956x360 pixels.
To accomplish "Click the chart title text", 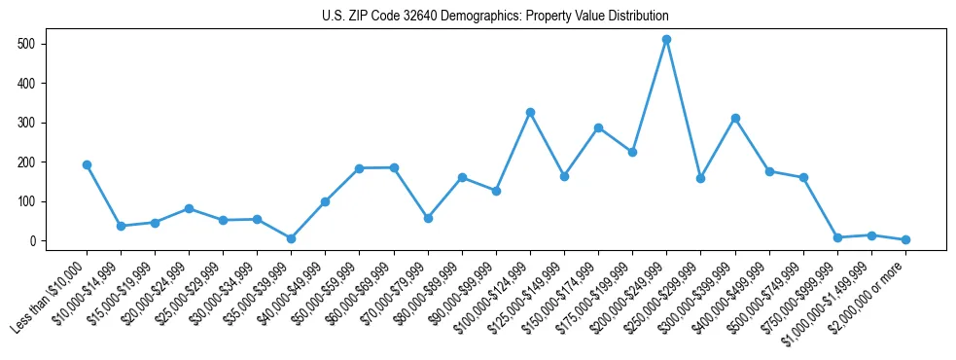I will click(x=495, y=17).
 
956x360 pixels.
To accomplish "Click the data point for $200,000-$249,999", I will click(x=666, y=40).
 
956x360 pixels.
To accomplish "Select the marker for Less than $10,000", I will click(x=87, y=165).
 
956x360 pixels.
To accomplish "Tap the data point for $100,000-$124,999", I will click(x=530, y=113).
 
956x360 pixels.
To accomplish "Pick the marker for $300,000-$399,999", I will click(x=735, y=119).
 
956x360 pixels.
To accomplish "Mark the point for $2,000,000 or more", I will click(x=905, y=239).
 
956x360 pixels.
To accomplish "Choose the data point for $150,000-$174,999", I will click(x=598, y=127).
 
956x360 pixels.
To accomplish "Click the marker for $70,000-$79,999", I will click(x=428, y=218).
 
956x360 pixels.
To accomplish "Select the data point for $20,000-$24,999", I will click(x=189, y=208).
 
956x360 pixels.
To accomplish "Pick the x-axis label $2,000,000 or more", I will click(x=871, y=290).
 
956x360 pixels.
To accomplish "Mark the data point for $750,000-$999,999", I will click(x=837, y=237).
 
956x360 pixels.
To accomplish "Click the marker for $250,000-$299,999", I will click(x=701, y=178).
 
